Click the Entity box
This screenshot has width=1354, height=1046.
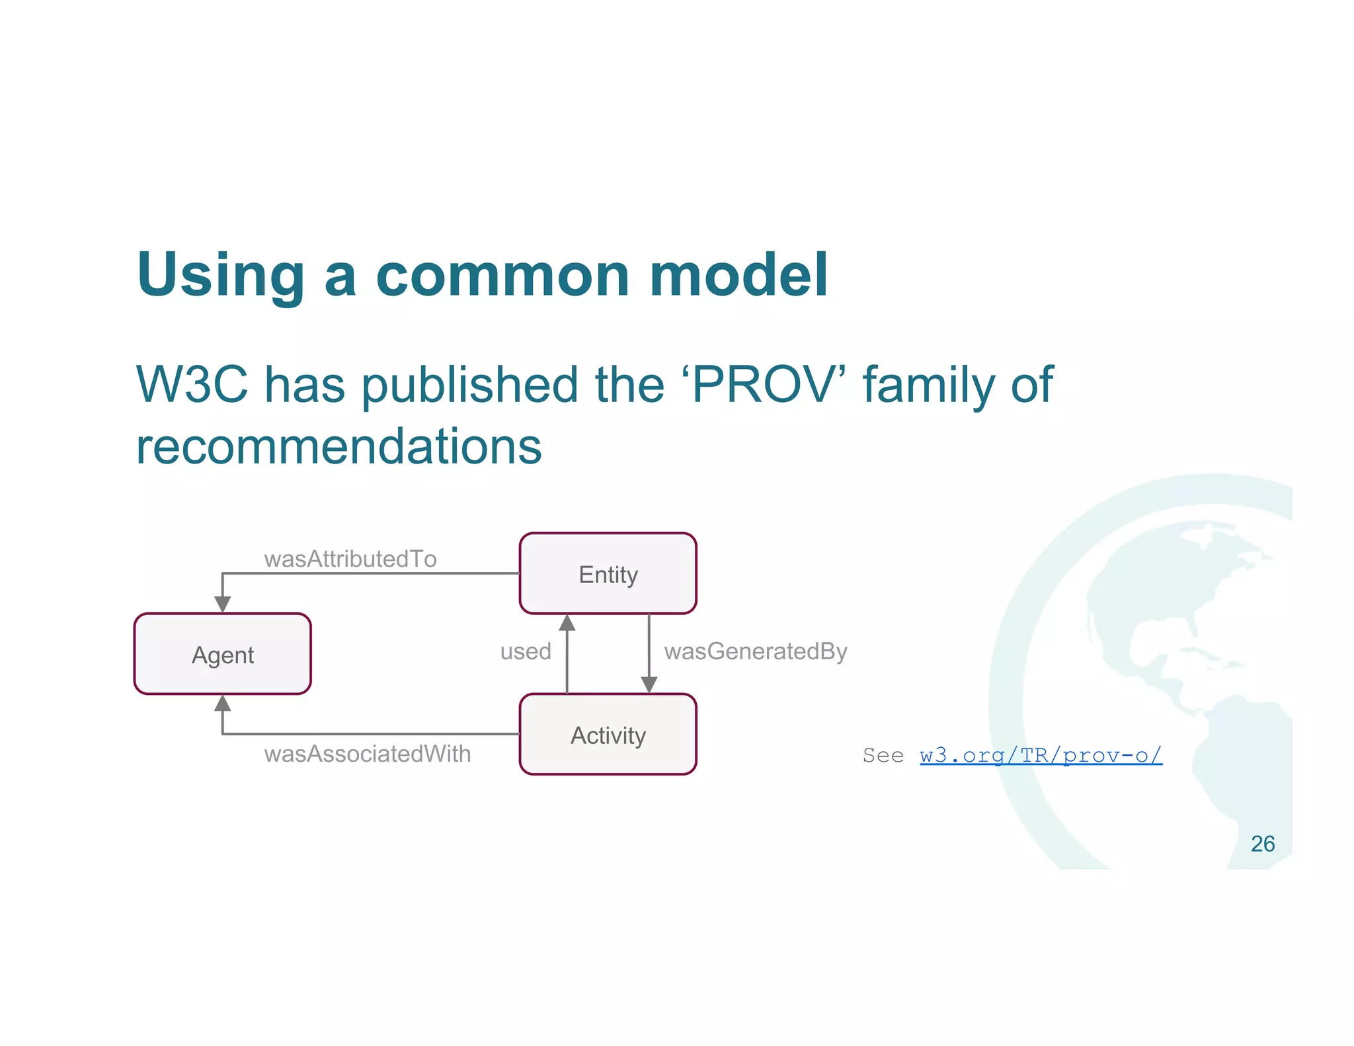(x=608, y=573)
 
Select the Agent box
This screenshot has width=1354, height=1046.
(x=222, y=654)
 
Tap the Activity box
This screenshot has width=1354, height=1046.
(x=608, y=735)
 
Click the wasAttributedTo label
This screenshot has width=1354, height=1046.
(x=350, y=559)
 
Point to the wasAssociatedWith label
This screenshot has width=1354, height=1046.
(x=368, y=754)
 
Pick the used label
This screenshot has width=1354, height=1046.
(x=526, y=651)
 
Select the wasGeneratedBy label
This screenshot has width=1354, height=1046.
(x=756, y=651)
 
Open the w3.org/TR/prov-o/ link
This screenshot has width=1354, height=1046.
(x=1041, y=755)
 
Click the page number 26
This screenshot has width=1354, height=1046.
(x=1262, y=844)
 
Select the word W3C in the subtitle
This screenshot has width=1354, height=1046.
(x=192, y=384)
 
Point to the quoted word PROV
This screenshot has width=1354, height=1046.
(x=764, y=384)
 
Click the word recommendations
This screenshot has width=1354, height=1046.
(x=338, y=446)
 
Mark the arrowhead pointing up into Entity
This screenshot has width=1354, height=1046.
(x=567, y=623)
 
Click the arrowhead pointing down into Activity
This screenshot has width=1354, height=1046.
(x=649, y=684)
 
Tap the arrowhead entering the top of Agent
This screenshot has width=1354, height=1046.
(x=223, y=604)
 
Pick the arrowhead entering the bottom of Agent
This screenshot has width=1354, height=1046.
(x=223, y=704)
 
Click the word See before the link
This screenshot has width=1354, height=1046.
(x=883, y=755)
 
